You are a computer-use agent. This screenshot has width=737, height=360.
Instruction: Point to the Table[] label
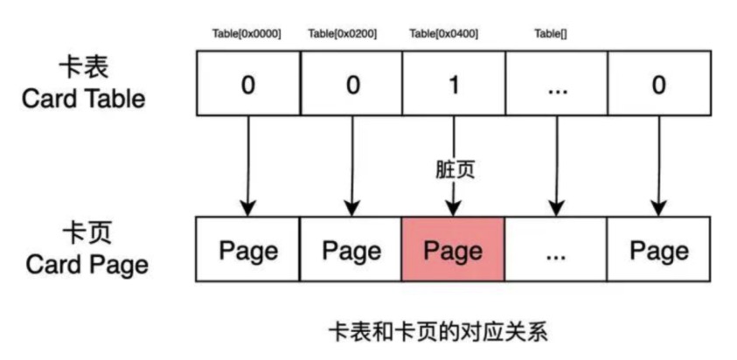pos(549,34)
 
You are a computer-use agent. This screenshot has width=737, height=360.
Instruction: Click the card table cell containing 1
pos(453,85)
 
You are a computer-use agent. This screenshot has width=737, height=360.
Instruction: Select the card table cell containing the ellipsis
pos(556,85)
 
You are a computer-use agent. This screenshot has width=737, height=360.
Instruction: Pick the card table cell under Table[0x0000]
pos(248,85)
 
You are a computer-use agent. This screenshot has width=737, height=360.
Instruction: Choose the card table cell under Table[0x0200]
pos(351,85)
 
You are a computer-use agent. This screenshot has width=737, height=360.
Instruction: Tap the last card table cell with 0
pos(658,85)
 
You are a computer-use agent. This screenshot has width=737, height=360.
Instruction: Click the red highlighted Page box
pos(453,251)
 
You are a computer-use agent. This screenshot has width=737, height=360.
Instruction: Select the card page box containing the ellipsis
pos(556,251)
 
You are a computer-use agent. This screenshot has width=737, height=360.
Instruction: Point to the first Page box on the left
pos(248,251)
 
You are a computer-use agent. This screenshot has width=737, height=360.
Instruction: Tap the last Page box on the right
pos(658,251)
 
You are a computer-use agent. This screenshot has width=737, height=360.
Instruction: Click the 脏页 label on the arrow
pos(455,169)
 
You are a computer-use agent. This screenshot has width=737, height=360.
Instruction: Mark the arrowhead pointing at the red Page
pos(453,210)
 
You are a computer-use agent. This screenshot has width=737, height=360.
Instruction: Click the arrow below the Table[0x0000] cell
pos(248,166)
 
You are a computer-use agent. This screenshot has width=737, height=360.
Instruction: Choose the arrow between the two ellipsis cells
pos(556,166)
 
